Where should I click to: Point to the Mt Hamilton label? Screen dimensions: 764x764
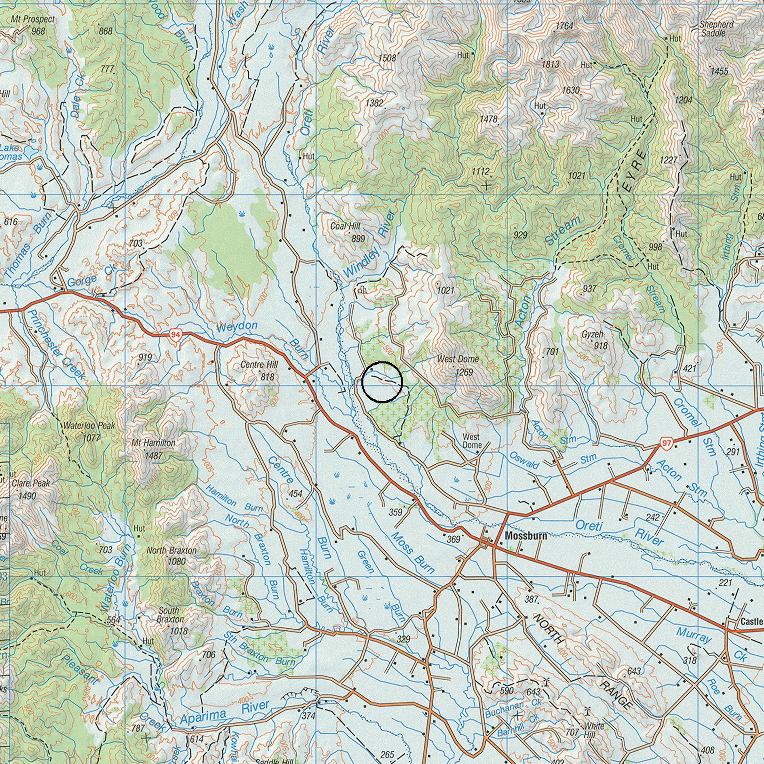tap(154, 443)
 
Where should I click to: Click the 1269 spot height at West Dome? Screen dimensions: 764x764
tap(464, 371)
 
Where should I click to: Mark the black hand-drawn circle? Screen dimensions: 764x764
tap(382, 382)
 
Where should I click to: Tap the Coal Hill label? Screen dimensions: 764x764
tap(345, 226)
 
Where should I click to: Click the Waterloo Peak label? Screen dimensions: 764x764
tap(89, 426)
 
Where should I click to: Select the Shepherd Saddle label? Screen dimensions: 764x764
tap(716, 29)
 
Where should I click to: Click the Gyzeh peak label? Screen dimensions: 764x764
tap(593, 335)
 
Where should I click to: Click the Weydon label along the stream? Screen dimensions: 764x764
tap(237, 326)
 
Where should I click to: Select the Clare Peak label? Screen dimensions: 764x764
tap(31, 483)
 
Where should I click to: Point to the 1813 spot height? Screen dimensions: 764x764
tap(550, 64)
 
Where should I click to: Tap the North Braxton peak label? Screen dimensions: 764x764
tap(171, 551)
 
